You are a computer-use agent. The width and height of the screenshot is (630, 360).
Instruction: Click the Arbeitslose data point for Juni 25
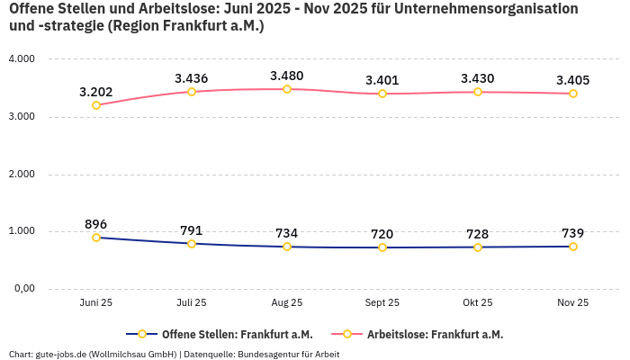click(x=96, y=105)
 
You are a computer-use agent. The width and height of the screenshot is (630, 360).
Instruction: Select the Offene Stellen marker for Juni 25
click(x=96, y=238)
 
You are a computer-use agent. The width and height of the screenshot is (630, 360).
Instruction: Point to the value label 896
click(x=96, y=224)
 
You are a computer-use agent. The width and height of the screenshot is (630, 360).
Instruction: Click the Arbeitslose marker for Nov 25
click(x=572, y=94)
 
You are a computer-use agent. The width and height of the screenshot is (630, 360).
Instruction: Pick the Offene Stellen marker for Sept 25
click(x=382, y=247)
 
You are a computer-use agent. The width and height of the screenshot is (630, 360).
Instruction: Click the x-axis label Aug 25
click(x=286, y=303)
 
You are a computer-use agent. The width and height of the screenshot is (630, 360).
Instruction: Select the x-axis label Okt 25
click(x=477, y=303)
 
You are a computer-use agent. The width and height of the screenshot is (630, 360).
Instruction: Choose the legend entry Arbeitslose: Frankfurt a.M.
click(x=435, y=334)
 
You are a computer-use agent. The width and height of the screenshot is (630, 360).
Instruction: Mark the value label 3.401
click(x=382, y=80)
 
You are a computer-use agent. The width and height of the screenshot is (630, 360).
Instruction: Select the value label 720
click(x=382, y=234)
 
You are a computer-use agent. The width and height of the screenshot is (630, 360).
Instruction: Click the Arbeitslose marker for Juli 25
click(x=192, y=92)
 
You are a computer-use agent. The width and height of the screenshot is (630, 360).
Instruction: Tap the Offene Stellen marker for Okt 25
click(x=477, y=247)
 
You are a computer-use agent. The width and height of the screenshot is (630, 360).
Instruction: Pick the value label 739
click(x=572, y=233)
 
